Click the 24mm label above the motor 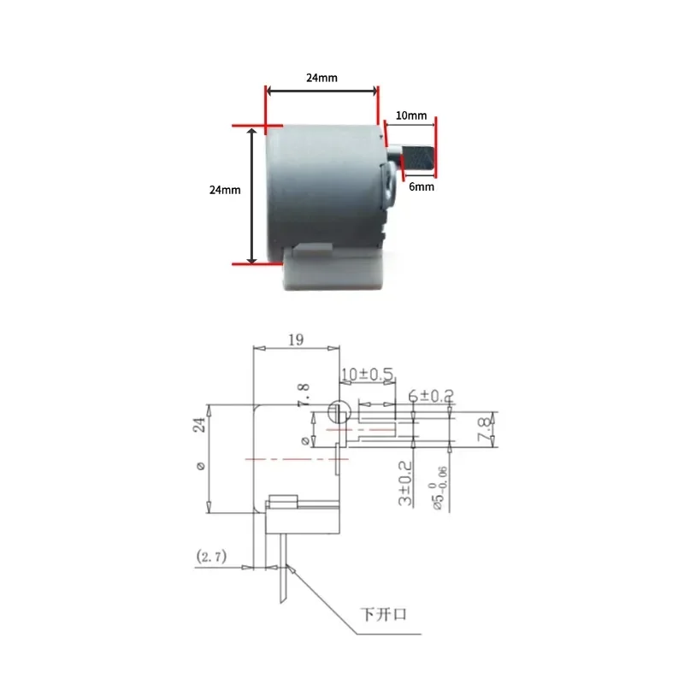click(321, 78)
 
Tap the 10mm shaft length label click(411, 115)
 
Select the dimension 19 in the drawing click(295, 339)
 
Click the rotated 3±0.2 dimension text click(405, 484)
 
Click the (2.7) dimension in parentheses click(210, 557)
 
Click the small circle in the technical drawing click(339, 411)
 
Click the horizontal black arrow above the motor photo click(321, 91)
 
